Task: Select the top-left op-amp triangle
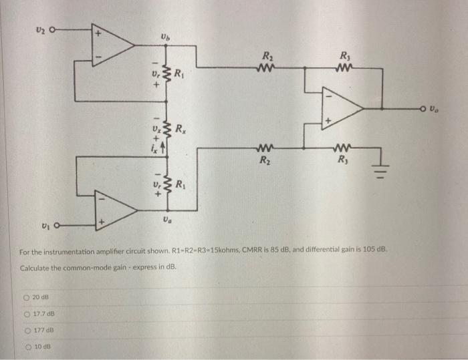tap(113, 45)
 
